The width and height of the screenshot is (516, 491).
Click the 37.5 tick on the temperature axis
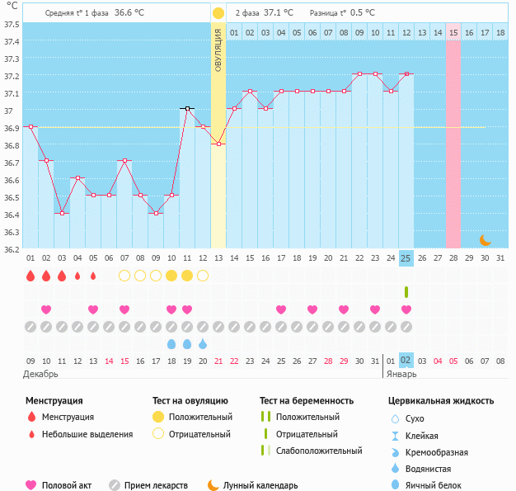point(11,25)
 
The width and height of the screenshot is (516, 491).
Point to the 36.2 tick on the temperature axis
point(11,248)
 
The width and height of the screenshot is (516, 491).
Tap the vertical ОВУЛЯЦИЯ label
point(218,50)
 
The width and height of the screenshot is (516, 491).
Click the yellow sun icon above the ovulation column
point(218,13)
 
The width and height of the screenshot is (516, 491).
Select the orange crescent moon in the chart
point(486,240)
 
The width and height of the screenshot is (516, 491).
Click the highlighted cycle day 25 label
point(406,258)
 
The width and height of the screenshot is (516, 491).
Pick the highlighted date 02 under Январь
point(406,361)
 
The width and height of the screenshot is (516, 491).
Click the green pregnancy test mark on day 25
point(406,292)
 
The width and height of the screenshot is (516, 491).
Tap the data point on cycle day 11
point(187,108)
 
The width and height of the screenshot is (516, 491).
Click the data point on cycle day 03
point(62,213)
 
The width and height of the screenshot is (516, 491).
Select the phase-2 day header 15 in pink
point(453,32)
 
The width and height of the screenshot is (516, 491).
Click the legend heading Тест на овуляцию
point(192,401)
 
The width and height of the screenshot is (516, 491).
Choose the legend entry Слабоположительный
point(319,451)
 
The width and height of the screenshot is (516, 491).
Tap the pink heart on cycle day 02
point(46,309)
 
